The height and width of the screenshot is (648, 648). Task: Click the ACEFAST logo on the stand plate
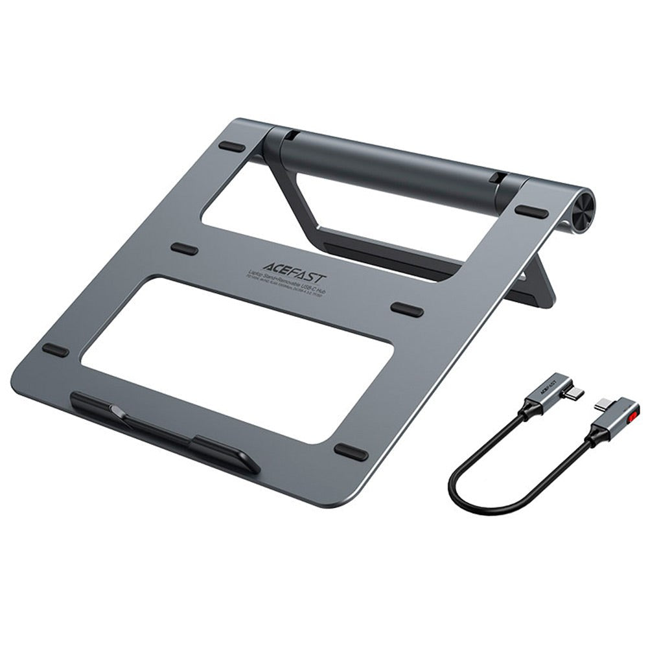(295, 266)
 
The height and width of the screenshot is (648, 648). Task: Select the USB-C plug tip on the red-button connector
(602, 406)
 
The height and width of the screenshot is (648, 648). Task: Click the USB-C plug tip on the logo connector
(575, 393)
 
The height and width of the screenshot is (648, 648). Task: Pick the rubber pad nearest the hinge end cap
(532, 212)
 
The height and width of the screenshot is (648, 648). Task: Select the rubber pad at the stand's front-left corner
(56, 350)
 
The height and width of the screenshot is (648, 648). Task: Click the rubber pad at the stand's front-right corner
(351, 452)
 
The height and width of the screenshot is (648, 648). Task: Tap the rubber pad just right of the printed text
(407, 309)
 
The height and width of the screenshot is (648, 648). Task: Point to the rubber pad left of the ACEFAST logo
(185, 249)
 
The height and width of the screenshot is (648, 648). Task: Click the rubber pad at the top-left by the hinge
(232, 146)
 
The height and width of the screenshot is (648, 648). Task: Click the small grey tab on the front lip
(115, 410)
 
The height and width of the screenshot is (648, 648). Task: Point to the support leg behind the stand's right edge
(535, 285)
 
